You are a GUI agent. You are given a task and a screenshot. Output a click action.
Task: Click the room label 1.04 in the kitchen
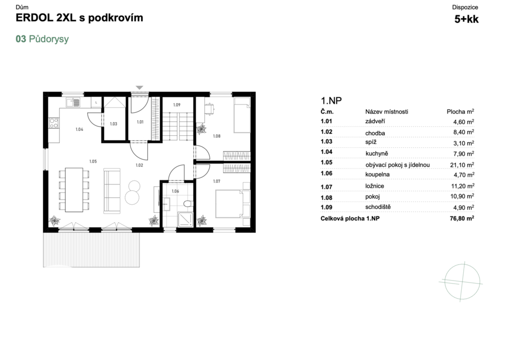point(79,129)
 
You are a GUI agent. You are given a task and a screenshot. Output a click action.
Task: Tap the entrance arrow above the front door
point(139,87)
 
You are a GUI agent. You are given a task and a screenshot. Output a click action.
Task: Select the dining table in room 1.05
point(74,190)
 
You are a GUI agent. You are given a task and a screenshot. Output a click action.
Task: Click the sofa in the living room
point(112,191)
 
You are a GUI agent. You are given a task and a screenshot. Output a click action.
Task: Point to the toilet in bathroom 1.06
point(188,204)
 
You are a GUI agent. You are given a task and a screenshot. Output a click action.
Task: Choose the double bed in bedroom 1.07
point(232,204)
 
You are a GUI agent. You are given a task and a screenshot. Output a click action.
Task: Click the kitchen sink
point(73,103)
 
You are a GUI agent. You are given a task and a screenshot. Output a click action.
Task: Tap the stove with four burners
point(54,123)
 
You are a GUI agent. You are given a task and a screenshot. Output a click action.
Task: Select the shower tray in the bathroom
point(186,219)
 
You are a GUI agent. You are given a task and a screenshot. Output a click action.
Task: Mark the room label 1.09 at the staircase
point(177,105)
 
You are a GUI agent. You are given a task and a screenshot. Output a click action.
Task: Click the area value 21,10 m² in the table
point(462,164)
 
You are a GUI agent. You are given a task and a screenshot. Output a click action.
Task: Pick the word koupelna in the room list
point(377,174)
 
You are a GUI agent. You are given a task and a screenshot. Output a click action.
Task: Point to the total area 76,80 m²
point(462,218)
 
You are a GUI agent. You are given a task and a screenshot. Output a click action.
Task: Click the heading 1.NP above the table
point(331,101)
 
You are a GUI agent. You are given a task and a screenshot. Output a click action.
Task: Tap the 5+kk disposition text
point(466,19)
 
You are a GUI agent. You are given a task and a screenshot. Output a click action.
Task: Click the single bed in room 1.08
point(242,115)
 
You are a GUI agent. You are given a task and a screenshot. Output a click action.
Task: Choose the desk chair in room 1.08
point(209,109)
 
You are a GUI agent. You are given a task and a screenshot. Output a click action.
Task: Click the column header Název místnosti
point(387,112)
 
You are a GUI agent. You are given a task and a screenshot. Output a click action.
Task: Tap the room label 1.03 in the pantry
point(113,124)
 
